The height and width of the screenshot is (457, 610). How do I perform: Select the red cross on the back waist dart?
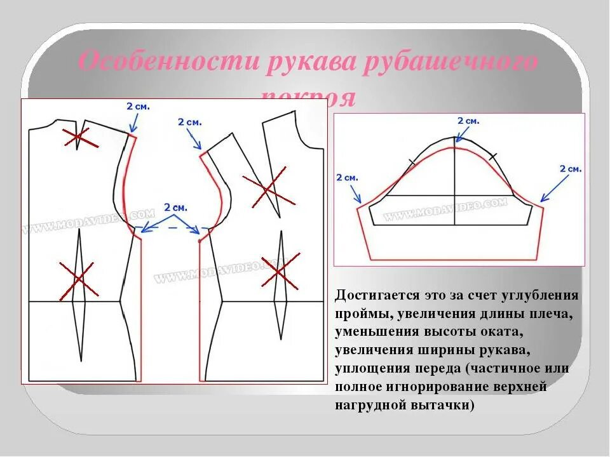pyautogui.click(x=79, y=280)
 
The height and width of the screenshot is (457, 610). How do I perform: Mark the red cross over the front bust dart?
pyautogui.click(x=269, y=187)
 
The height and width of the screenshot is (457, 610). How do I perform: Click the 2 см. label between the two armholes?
pyautogui.click(x=176, y=208)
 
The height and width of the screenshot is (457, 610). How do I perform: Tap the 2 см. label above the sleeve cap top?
pyautogui.click(x=468, y=121)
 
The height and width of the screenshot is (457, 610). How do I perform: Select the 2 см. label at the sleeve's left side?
pyautogui.click(x=348, y=178)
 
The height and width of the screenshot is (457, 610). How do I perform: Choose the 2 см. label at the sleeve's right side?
pyautogui.click(x=570, y=169)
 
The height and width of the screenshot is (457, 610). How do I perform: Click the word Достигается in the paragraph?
pyautogui.click(x=375, y=296)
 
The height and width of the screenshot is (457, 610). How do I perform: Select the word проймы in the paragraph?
pyautogui.click(x=358, y=314)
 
